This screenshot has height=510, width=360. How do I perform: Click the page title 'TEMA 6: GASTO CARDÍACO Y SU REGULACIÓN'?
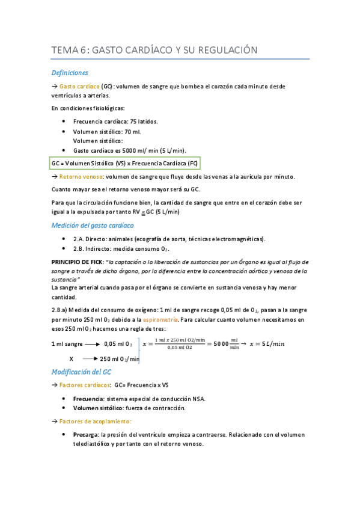pyautogui.click(x=154, y=50)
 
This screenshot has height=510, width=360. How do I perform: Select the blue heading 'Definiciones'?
pyautogui.click(x=70, y=73)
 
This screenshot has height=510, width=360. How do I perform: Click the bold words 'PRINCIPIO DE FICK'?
pyautogui.click(x=77, y=262)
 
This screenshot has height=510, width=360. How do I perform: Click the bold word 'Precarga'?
pyautogui.click(x=85, y=434)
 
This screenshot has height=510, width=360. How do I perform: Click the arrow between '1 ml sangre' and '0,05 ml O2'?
pyautogui.click(x=91, y=344)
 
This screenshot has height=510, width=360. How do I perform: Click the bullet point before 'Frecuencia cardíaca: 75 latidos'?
pyautogui.click(x=64, y=121)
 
